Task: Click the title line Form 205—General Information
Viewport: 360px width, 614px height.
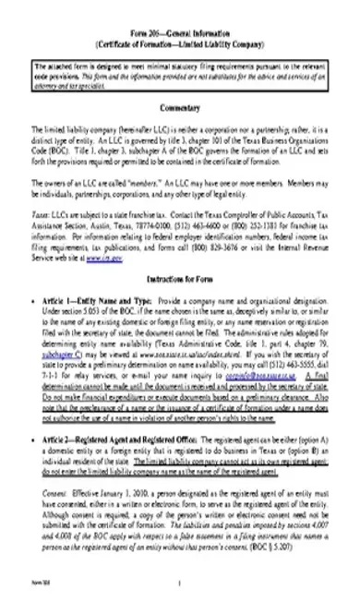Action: pyautogui.click(x=180, y=33)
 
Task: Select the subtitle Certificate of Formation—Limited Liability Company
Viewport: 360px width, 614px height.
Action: pyautogui.click(x=180, y=43)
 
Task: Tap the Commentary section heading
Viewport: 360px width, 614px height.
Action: pyautogui.click(x=180, y=109)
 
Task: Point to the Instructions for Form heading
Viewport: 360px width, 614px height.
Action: pyautogui.click(x=180, y=276)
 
